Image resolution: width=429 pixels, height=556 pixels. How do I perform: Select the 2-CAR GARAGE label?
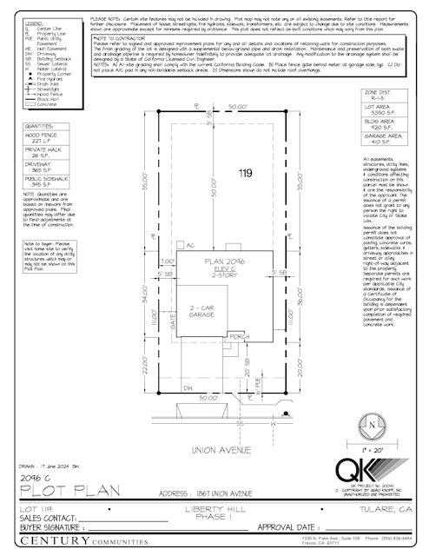click(x=201, y=313)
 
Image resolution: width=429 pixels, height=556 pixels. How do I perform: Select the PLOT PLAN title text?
click(x=64, y=492)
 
